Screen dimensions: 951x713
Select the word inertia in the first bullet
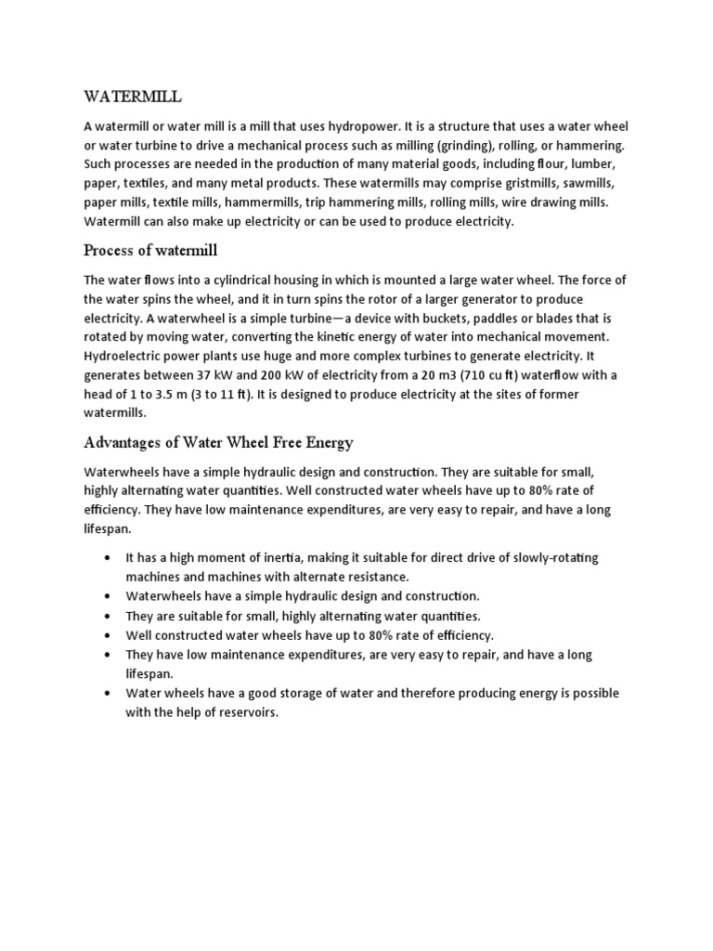(x=290, y=557)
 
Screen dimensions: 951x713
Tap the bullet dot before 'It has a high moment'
(x=109, y=557)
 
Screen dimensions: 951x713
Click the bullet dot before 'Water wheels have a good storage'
(x=109, y=693)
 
